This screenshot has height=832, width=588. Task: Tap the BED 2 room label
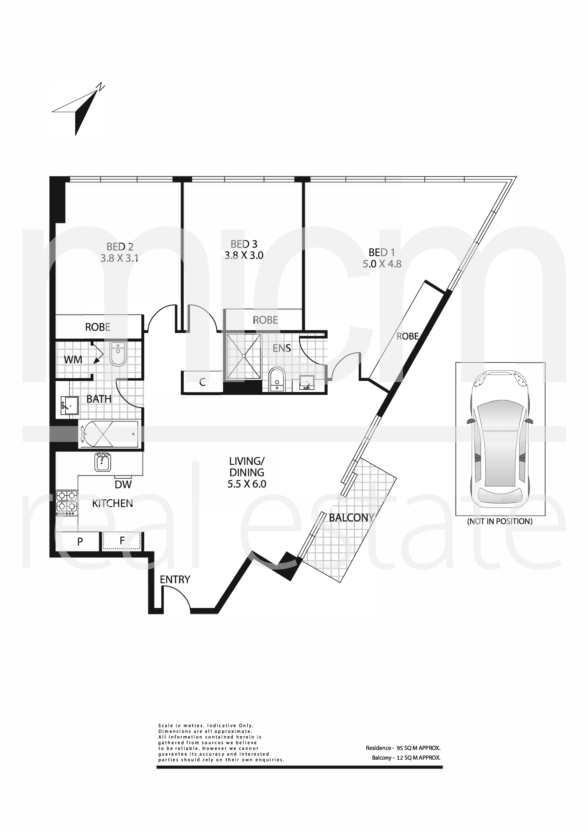tap(120, 247)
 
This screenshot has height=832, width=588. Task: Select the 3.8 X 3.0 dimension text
tap(244, 255)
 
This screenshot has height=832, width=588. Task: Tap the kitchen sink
tap(103, 462)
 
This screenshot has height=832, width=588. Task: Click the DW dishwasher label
tap(123, 485)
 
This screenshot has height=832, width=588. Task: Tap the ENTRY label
tap(175, 580)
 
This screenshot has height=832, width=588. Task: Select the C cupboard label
tap(203, 382)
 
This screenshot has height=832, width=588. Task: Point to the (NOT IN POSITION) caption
tap(500, 522)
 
